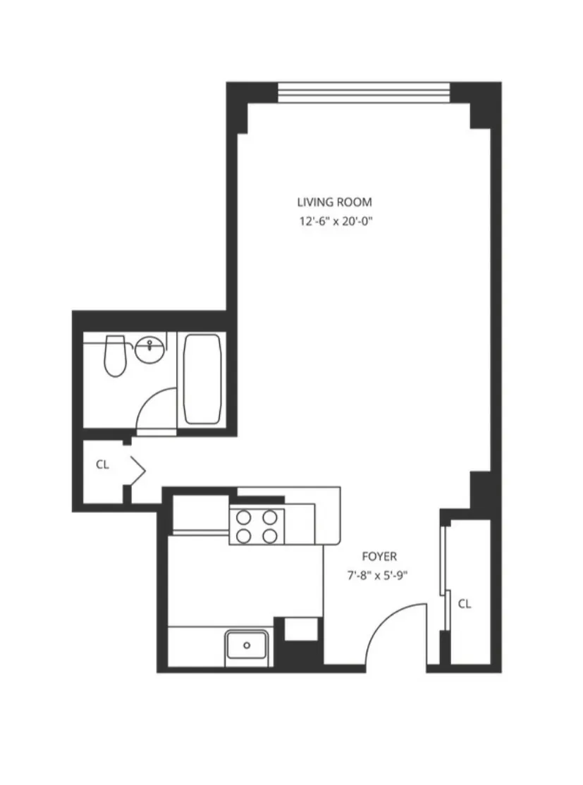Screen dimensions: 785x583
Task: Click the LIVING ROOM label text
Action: (x=334, y=202)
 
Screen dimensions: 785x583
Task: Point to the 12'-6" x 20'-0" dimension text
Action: (x=334, y=221)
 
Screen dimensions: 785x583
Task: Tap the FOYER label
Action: (x=379, y=556)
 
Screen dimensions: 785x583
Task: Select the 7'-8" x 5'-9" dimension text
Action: (x=379, y=574)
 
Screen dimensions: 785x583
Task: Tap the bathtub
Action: (x=202, y=378)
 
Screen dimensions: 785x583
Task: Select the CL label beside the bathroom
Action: (x=102, y=464)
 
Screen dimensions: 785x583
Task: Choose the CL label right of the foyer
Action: (x=464, y=604)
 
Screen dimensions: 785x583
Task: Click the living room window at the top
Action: (x=364, y=92)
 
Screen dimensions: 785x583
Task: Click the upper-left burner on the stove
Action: (x=244, y=517)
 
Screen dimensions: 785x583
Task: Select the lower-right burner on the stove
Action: (x=270, y=536)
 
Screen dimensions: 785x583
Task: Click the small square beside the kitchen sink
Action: (x=301, y=629)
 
